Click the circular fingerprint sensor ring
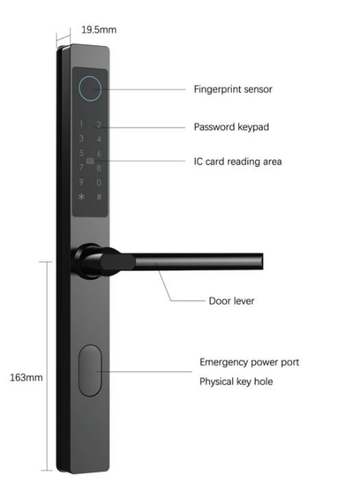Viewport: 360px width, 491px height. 78,88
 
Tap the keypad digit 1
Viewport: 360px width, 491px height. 82,124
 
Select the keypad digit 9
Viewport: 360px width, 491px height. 82,182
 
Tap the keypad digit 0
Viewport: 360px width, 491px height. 99,182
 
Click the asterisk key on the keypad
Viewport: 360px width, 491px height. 82,197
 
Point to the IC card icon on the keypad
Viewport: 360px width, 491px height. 90,161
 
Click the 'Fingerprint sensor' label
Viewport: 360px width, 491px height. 233,89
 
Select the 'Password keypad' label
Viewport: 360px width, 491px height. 232,127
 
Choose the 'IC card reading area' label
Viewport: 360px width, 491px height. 238,162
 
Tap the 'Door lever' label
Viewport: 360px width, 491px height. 232,301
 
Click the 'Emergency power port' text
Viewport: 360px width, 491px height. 249,363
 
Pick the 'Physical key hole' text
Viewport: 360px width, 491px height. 236,381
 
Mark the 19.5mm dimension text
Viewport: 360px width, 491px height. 99,29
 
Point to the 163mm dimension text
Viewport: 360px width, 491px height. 26,378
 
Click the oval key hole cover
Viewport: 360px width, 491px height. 90,371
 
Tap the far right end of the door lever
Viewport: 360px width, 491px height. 263,261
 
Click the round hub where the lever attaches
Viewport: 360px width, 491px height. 87,261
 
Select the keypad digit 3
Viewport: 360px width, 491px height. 82,138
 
